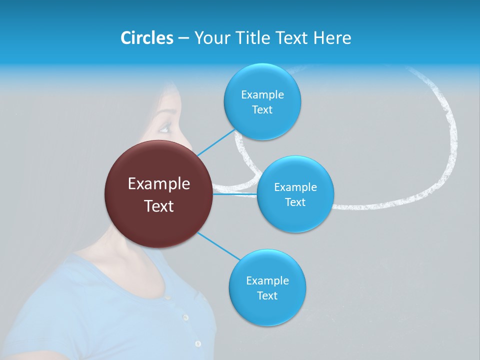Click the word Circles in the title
point(146,38)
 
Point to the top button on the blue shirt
point(185,317)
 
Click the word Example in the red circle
point(159,184)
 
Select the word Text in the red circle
point(159,206)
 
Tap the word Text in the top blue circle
point(262,110)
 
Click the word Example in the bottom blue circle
point(267,281)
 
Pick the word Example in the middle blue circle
point(295,187)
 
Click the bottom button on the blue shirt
point(198,343)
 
